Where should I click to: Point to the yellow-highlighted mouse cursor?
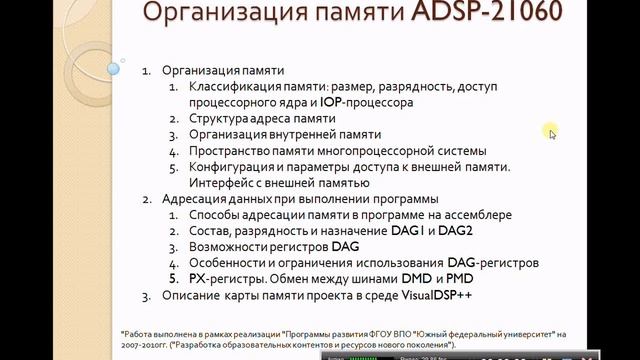(x=550, y=132)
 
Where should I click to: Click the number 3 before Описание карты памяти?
(x=145, y=295)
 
